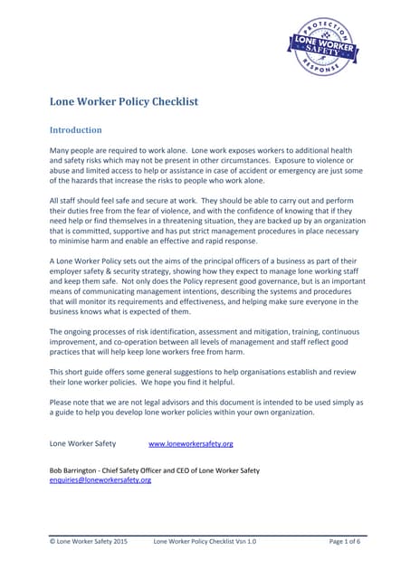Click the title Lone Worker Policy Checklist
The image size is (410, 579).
(123, 101)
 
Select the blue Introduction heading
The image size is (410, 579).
(75, 130)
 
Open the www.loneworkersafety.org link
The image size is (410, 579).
(190, 443)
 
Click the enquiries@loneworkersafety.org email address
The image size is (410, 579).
(100, 480)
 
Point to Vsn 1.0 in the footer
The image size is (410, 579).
(244, 541)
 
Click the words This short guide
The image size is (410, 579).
(78, 372)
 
